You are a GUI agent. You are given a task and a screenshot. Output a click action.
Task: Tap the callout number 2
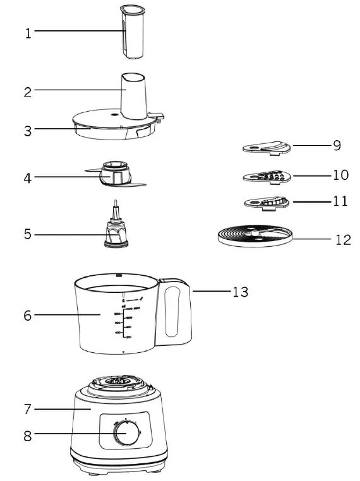[28, 92]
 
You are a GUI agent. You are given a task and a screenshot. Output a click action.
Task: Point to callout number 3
[28, 131]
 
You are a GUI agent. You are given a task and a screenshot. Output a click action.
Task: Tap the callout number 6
[28, 316]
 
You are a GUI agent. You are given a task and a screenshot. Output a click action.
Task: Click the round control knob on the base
[126, 435]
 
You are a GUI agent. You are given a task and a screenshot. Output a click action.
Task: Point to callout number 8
[28, 434]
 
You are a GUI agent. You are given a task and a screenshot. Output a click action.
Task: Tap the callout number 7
[28, 409]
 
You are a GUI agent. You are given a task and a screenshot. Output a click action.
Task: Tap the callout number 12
[342, 240]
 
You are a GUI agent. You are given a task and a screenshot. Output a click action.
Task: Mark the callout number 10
[340, 174]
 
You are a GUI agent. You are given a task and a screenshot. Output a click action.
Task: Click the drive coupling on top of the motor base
[119, 382]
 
